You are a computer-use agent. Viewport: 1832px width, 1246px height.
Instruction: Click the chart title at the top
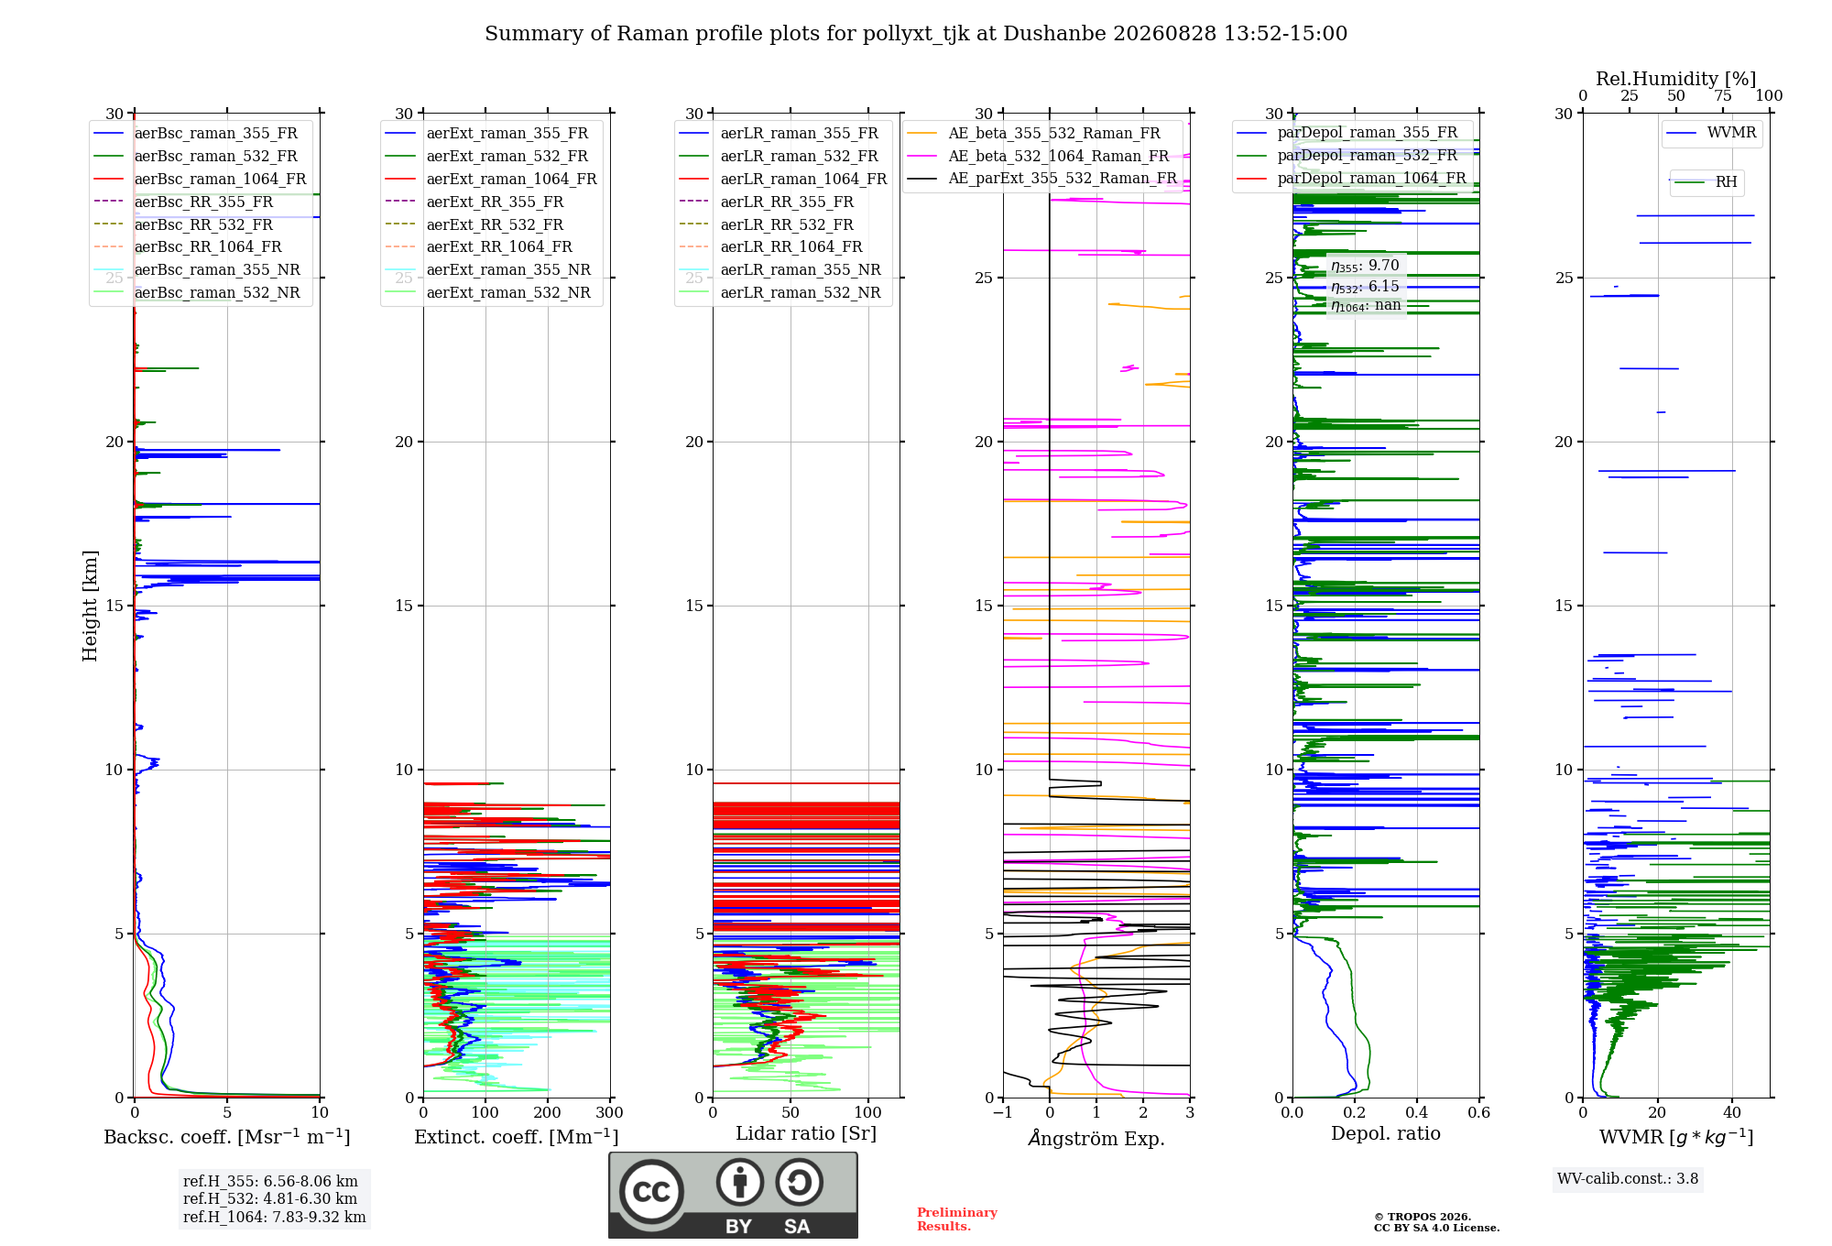click(x=916, y=34)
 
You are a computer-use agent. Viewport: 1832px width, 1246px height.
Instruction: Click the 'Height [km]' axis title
click(x=90, y=606)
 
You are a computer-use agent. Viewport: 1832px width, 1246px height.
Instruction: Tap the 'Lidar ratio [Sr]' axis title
click(x=806, y=1133)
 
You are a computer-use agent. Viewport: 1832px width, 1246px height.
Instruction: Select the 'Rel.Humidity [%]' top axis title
click(x=1676, y=79)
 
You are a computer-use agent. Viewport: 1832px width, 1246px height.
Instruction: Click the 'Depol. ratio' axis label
click(x=1386, y=1133)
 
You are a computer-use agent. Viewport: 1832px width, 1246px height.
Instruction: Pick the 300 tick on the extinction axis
click(x=610, y=1112)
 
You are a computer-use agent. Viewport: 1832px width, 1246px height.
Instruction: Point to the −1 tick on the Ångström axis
click(x=1003, y=1112)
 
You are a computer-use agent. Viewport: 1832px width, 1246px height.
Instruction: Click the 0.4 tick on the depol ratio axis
click(x=1417, y=1112)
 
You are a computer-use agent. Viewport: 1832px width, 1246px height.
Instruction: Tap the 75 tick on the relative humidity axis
click(x=1723, y=96)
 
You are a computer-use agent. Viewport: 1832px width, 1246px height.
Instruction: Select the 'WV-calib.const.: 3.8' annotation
click(x=1628, y=1179)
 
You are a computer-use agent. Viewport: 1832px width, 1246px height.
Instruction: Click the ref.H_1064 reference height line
click(x=274, y=1218)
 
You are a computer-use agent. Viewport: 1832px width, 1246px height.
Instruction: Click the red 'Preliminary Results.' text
click(x=957, y=1219)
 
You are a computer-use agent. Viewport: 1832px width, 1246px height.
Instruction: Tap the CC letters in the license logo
click(x=651, y=1192)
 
